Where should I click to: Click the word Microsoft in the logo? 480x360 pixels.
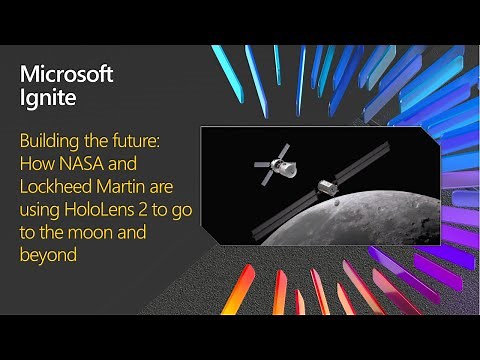click(67, 74)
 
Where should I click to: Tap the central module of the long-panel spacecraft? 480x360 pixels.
click(326, 187)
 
